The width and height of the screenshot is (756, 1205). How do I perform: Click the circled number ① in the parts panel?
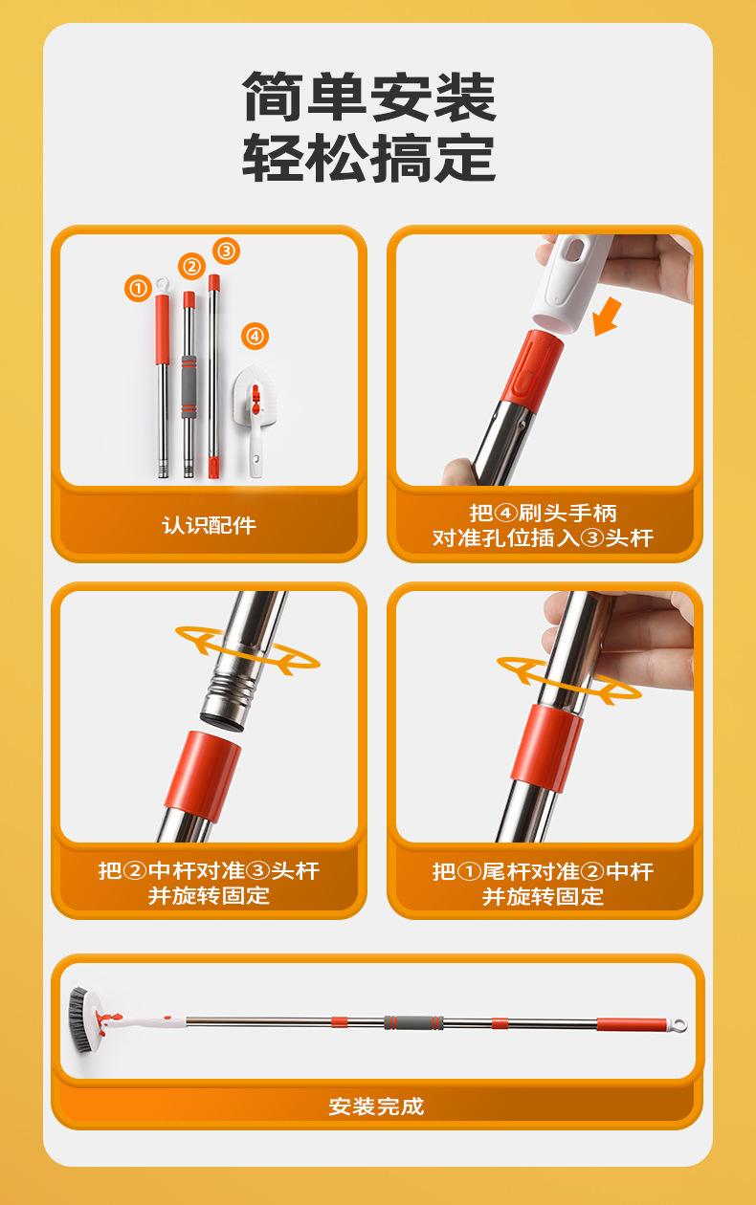(138, 287)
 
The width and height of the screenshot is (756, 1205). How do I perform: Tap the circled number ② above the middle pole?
(191, 266)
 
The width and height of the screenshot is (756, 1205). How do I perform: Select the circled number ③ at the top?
(226, 252)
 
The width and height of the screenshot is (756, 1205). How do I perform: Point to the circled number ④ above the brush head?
(255, 336)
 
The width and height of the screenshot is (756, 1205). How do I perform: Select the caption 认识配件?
(209, 525)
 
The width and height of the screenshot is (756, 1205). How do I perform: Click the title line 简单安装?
(369, 97)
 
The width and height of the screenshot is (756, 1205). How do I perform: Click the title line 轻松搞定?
(369, 158)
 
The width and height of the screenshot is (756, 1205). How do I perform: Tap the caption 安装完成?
(376, 1106)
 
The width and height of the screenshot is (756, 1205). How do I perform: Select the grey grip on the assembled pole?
(413, 1022)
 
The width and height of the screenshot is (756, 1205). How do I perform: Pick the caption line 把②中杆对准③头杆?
(209, 871)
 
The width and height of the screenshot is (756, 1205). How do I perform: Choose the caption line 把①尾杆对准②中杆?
(543, 871)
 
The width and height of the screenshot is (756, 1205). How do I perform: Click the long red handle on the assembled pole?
(631, 1024)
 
